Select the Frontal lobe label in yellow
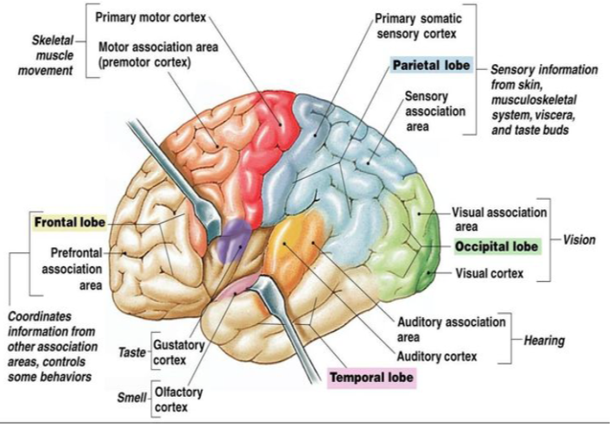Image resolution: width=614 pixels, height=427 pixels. click(70, 222)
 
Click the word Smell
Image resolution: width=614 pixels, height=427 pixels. click(131, 399)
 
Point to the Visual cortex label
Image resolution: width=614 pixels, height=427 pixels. click(489, 274)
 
